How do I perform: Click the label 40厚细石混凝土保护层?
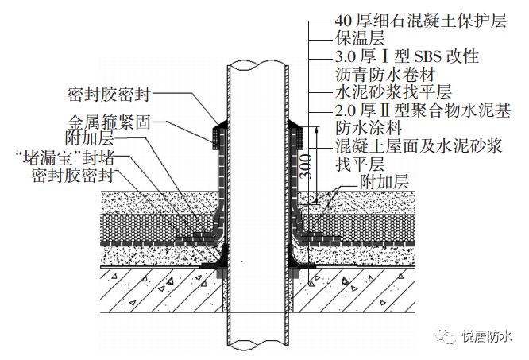pyautogui.click(x=420, y=22)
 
